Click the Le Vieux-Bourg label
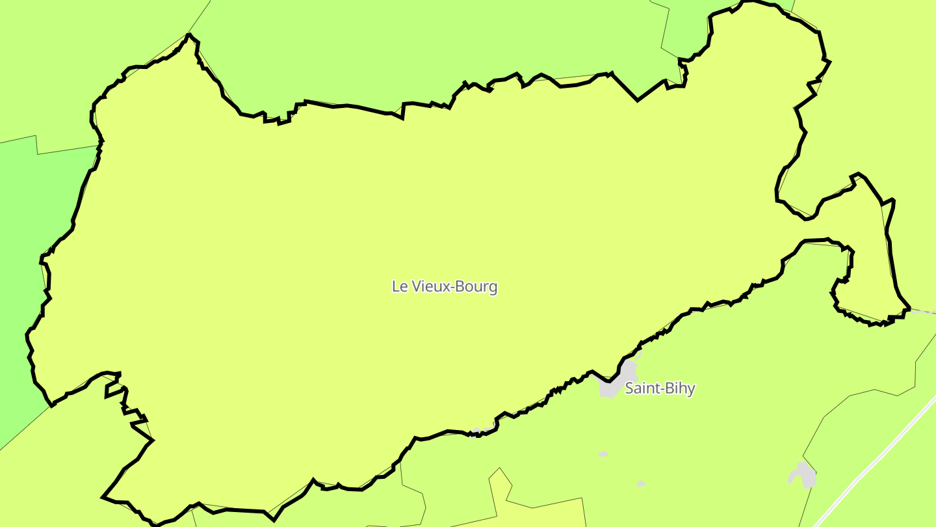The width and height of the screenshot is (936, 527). pyautogui.click(x=445, y=286)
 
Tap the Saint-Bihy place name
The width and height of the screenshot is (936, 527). pyautogui.click(x=660, y=388)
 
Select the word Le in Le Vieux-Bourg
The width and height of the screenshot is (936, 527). pyautogui.click(x=399, y=286)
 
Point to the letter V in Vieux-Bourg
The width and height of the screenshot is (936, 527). pyautogui.click(x=415, y=286)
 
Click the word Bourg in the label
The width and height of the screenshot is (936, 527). pyautogui.click(x=477, y=287)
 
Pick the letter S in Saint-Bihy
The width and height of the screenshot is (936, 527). pyautogui.click(x=629, y=388)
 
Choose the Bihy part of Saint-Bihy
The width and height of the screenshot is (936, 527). pyautogui.click(x=680, y=388)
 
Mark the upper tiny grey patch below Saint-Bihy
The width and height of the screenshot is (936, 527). pyautogui.click(x=604, y=453)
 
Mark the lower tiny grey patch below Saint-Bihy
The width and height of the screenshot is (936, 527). pyautogui.click(x=641, y=483)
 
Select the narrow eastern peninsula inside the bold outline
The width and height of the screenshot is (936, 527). pyautogui.click(x=871, y=254)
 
